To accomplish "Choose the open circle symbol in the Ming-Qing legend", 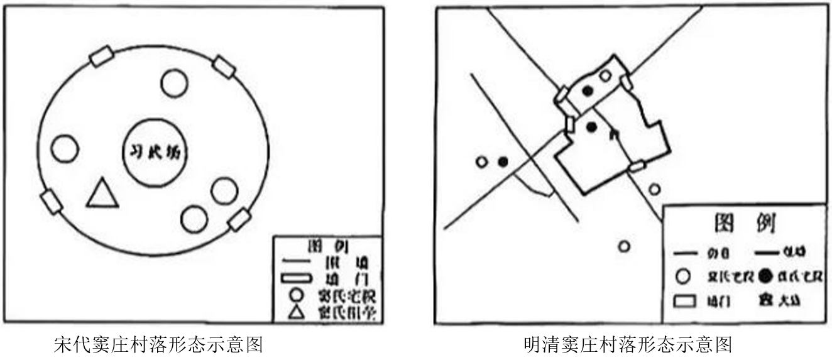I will [686, 276].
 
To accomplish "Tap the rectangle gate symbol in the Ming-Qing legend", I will [686, 300].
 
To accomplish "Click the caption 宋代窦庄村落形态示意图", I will [157, 344].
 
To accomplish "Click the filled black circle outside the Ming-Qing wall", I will [503, 162].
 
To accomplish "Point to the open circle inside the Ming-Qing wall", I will [605, 76].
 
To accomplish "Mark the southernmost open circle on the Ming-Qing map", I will [623, 246].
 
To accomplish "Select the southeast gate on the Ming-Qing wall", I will [637, 166].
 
